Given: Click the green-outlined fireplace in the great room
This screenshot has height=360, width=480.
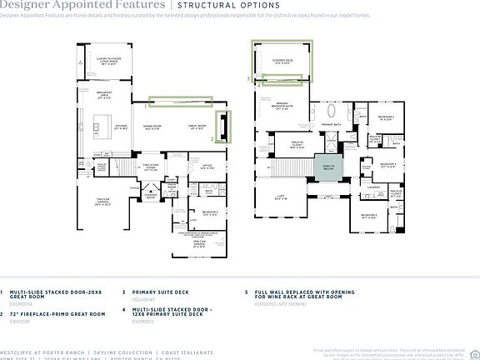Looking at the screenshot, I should pyautogui.click(x=223, y=126).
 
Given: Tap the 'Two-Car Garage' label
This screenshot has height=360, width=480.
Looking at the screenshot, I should pyautogui.click(x=103, y=202).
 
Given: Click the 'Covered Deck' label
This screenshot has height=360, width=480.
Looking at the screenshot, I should pyautogui.click(x=283, y=62).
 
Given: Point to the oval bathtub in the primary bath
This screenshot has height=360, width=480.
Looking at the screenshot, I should pyautogui.click(x=332, y=111).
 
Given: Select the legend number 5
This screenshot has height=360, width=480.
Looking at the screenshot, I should pyautogui.click(x=246, y=292).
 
